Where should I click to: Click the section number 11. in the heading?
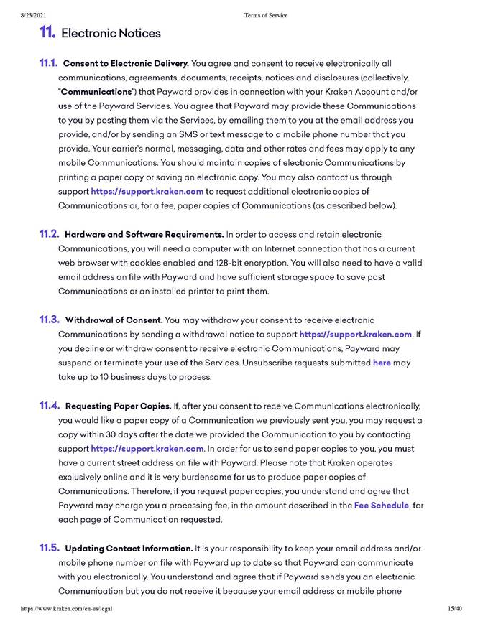[47, 32]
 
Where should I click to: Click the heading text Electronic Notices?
[111, 33]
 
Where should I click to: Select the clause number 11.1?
[49, 63]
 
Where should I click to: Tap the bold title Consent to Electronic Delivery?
[126, 64]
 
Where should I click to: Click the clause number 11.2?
[49, 234]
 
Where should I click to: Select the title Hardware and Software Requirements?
[144, 235]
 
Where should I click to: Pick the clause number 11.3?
[49, 320]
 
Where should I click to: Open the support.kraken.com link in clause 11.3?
[356, 335]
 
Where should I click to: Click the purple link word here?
[382, 363]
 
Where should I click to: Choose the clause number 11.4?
[50, 405]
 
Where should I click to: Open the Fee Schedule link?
[381, 506]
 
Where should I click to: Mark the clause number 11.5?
[50, 548]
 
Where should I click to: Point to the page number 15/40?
[454, 609]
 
